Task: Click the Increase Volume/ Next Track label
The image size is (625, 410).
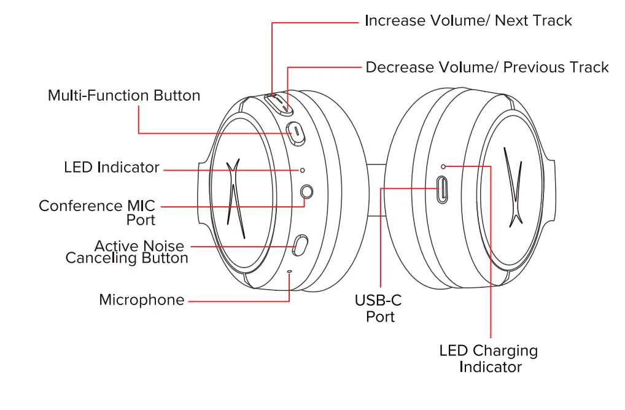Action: click(x=468, y=21)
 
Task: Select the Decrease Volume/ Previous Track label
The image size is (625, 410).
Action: click(x=487, y=68)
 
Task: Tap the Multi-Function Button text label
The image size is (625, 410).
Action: click(x=124, y=96)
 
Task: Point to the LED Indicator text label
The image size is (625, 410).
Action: click(x=112, y=168)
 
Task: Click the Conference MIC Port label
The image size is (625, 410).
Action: click(x=97, y=212)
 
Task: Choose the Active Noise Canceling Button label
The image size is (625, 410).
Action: click(x=127, y=252)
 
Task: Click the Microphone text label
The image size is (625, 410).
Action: click(x=142, y=300)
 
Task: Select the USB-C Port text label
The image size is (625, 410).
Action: click(x=378, y=308)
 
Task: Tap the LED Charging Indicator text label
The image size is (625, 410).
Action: click(x=489, y=359)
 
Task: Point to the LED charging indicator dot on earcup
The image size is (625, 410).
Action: click(x=444, y=166)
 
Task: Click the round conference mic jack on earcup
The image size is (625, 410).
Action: click(x=307, y=192)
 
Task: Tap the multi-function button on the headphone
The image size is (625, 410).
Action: click(x=297, y=131)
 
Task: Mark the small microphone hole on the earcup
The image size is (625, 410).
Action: click(x=290, y=271)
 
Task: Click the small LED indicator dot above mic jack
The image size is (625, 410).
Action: click(x=302, y=169)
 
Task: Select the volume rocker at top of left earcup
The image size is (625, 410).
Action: click(x=280, y=103)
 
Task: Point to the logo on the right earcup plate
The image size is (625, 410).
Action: click(x=512, y=187)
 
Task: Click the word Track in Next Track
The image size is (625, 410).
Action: click(x=551, y=21)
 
